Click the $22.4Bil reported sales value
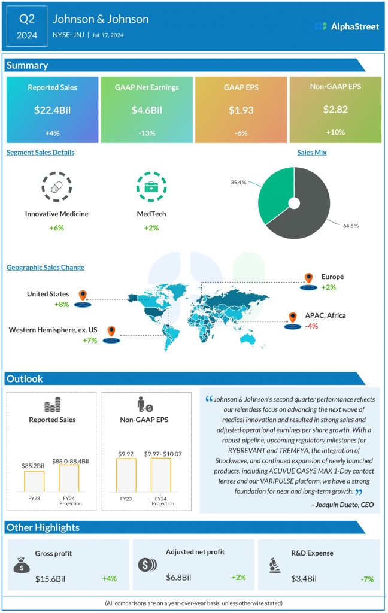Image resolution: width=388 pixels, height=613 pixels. pos(52,110)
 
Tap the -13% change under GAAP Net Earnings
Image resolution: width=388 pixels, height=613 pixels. pos(147,132)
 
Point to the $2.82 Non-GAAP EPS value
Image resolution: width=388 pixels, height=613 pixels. pos(335,110)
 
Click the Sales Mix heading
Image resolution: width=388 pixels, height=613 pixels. pos(311,153)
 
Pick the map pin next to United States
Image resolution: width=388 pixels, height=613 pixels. pos(83,296)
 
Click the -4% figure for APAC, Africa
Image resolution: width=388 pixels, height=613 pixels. pos(311,326)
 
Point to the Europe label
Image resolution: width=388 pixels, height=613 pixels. pos(332,277)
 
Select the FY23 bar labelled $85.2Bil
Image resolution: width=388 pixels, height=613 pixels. pos(34,481)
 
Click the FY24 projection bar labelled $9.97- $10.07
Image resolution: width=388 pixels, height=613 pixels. pos(161,475)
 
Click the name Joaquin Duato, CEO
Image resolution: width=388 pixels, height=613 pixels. pos(343,505)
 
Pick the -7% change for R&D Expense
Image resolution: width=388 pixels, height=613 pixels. pos(367,579)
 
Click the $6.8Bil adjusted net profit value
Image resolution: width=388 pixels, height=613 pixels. pos(179,578)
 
